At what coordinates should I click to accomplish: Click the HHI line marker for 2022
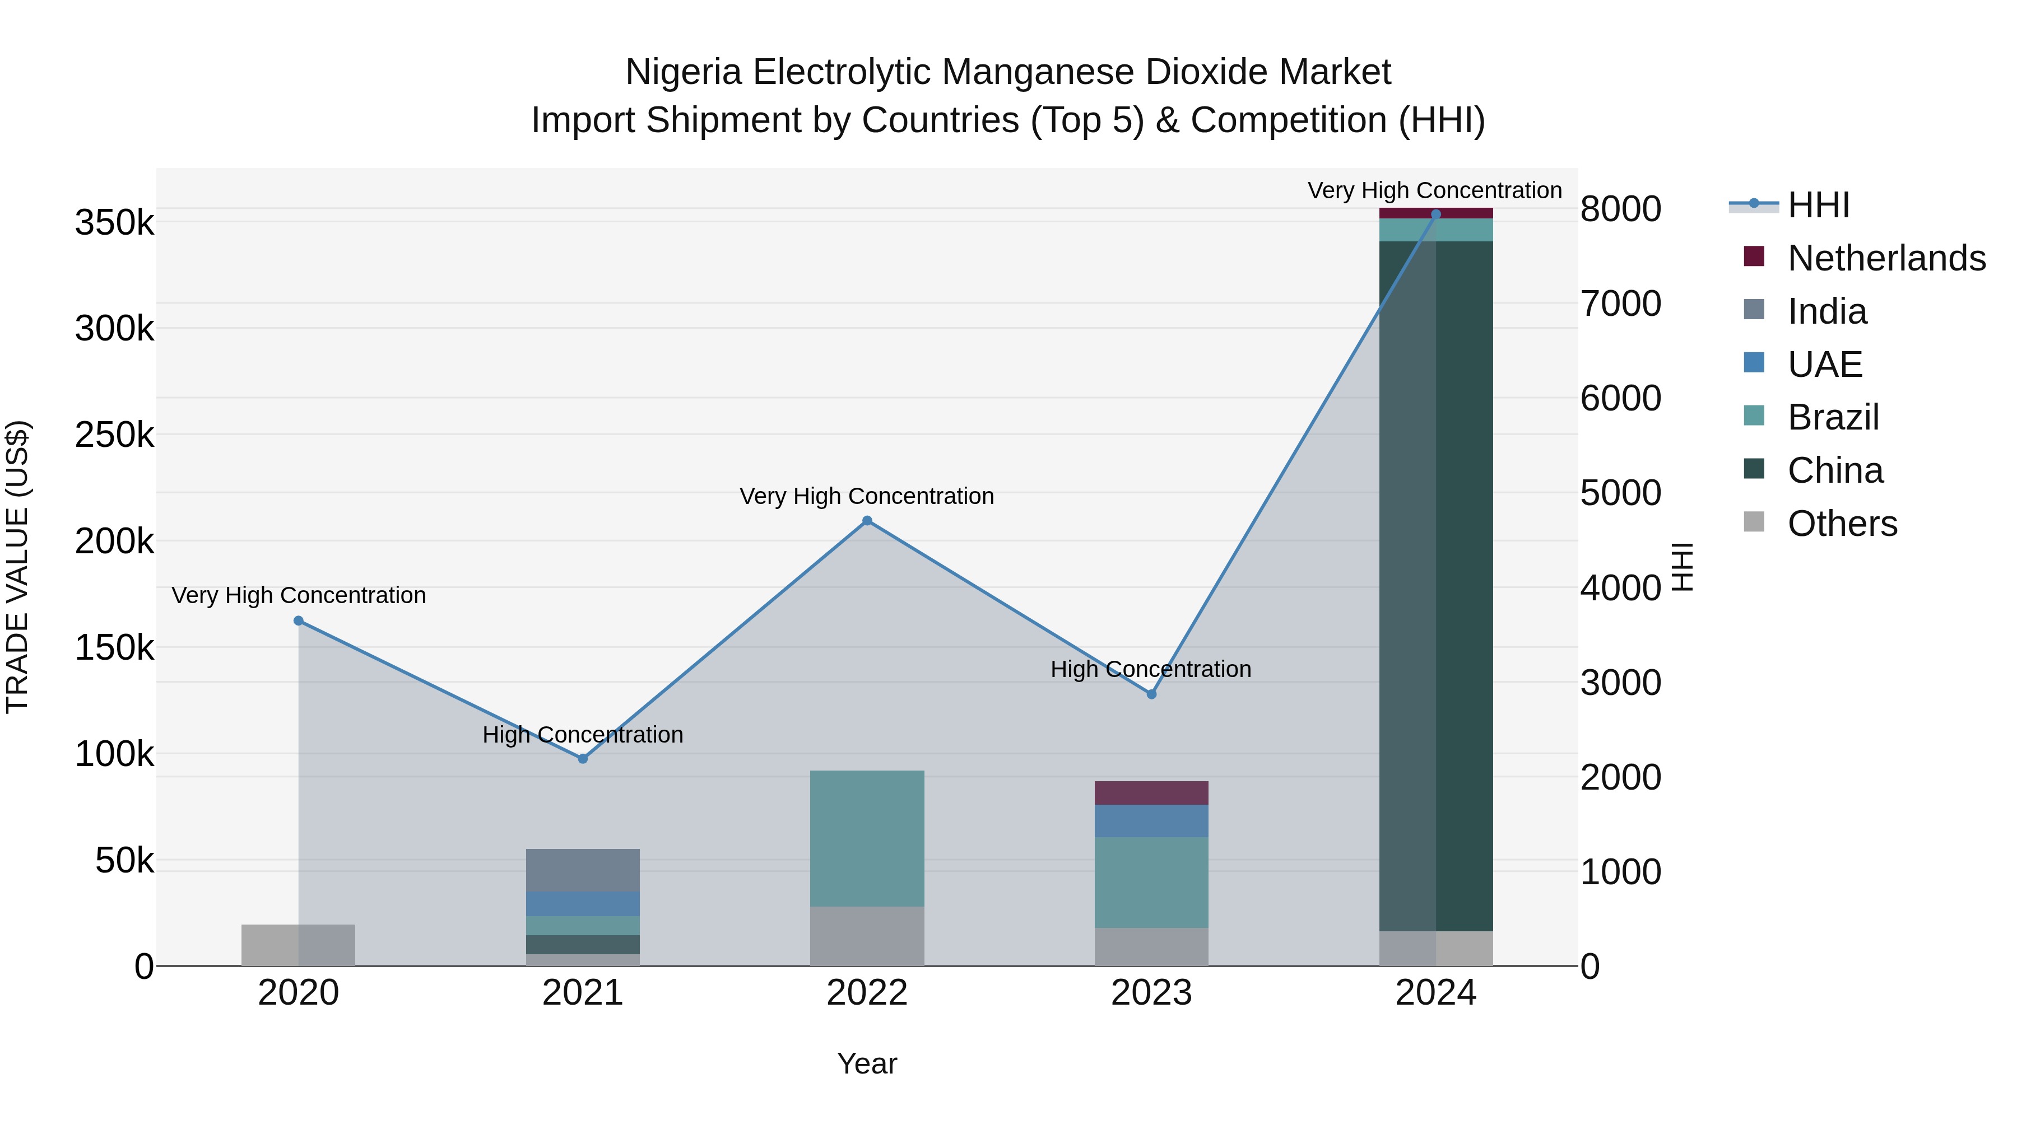click(867, 520)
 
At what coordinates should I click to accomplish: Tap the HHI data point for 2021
click(583, 758)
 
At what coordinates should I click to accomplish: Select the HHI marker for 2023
click(1151, 694)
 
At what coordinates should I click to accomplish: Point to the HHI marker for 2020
click(298, 620)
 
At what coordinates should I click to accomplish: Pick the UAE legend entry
click(1824, 365)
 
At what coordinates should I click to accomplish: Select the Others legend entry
click(1842, 524)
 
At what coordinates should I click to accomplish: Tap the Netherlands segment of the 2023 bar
click(1151, 793)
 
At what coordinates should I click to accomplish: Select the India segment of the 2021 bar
click(583, 870)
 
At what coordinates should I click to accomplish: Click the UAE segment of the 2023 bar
click(1151, 821)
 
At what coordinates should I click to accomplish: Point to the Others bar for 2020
click(298, 945)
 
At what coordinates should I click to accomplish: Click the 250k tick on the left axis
click(114, 435)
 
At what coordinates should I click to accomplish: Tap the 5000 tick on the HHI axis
click(1620, 493)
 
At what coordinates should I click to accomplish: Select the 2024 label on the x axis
click(1435, 993)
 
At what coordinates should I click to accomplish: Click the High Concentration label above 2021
click(583, 735)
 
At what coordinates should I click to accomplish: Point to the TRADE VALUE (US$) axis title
click(18, 567)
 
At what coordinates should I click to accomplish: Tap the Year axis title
click(867, 1063)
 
